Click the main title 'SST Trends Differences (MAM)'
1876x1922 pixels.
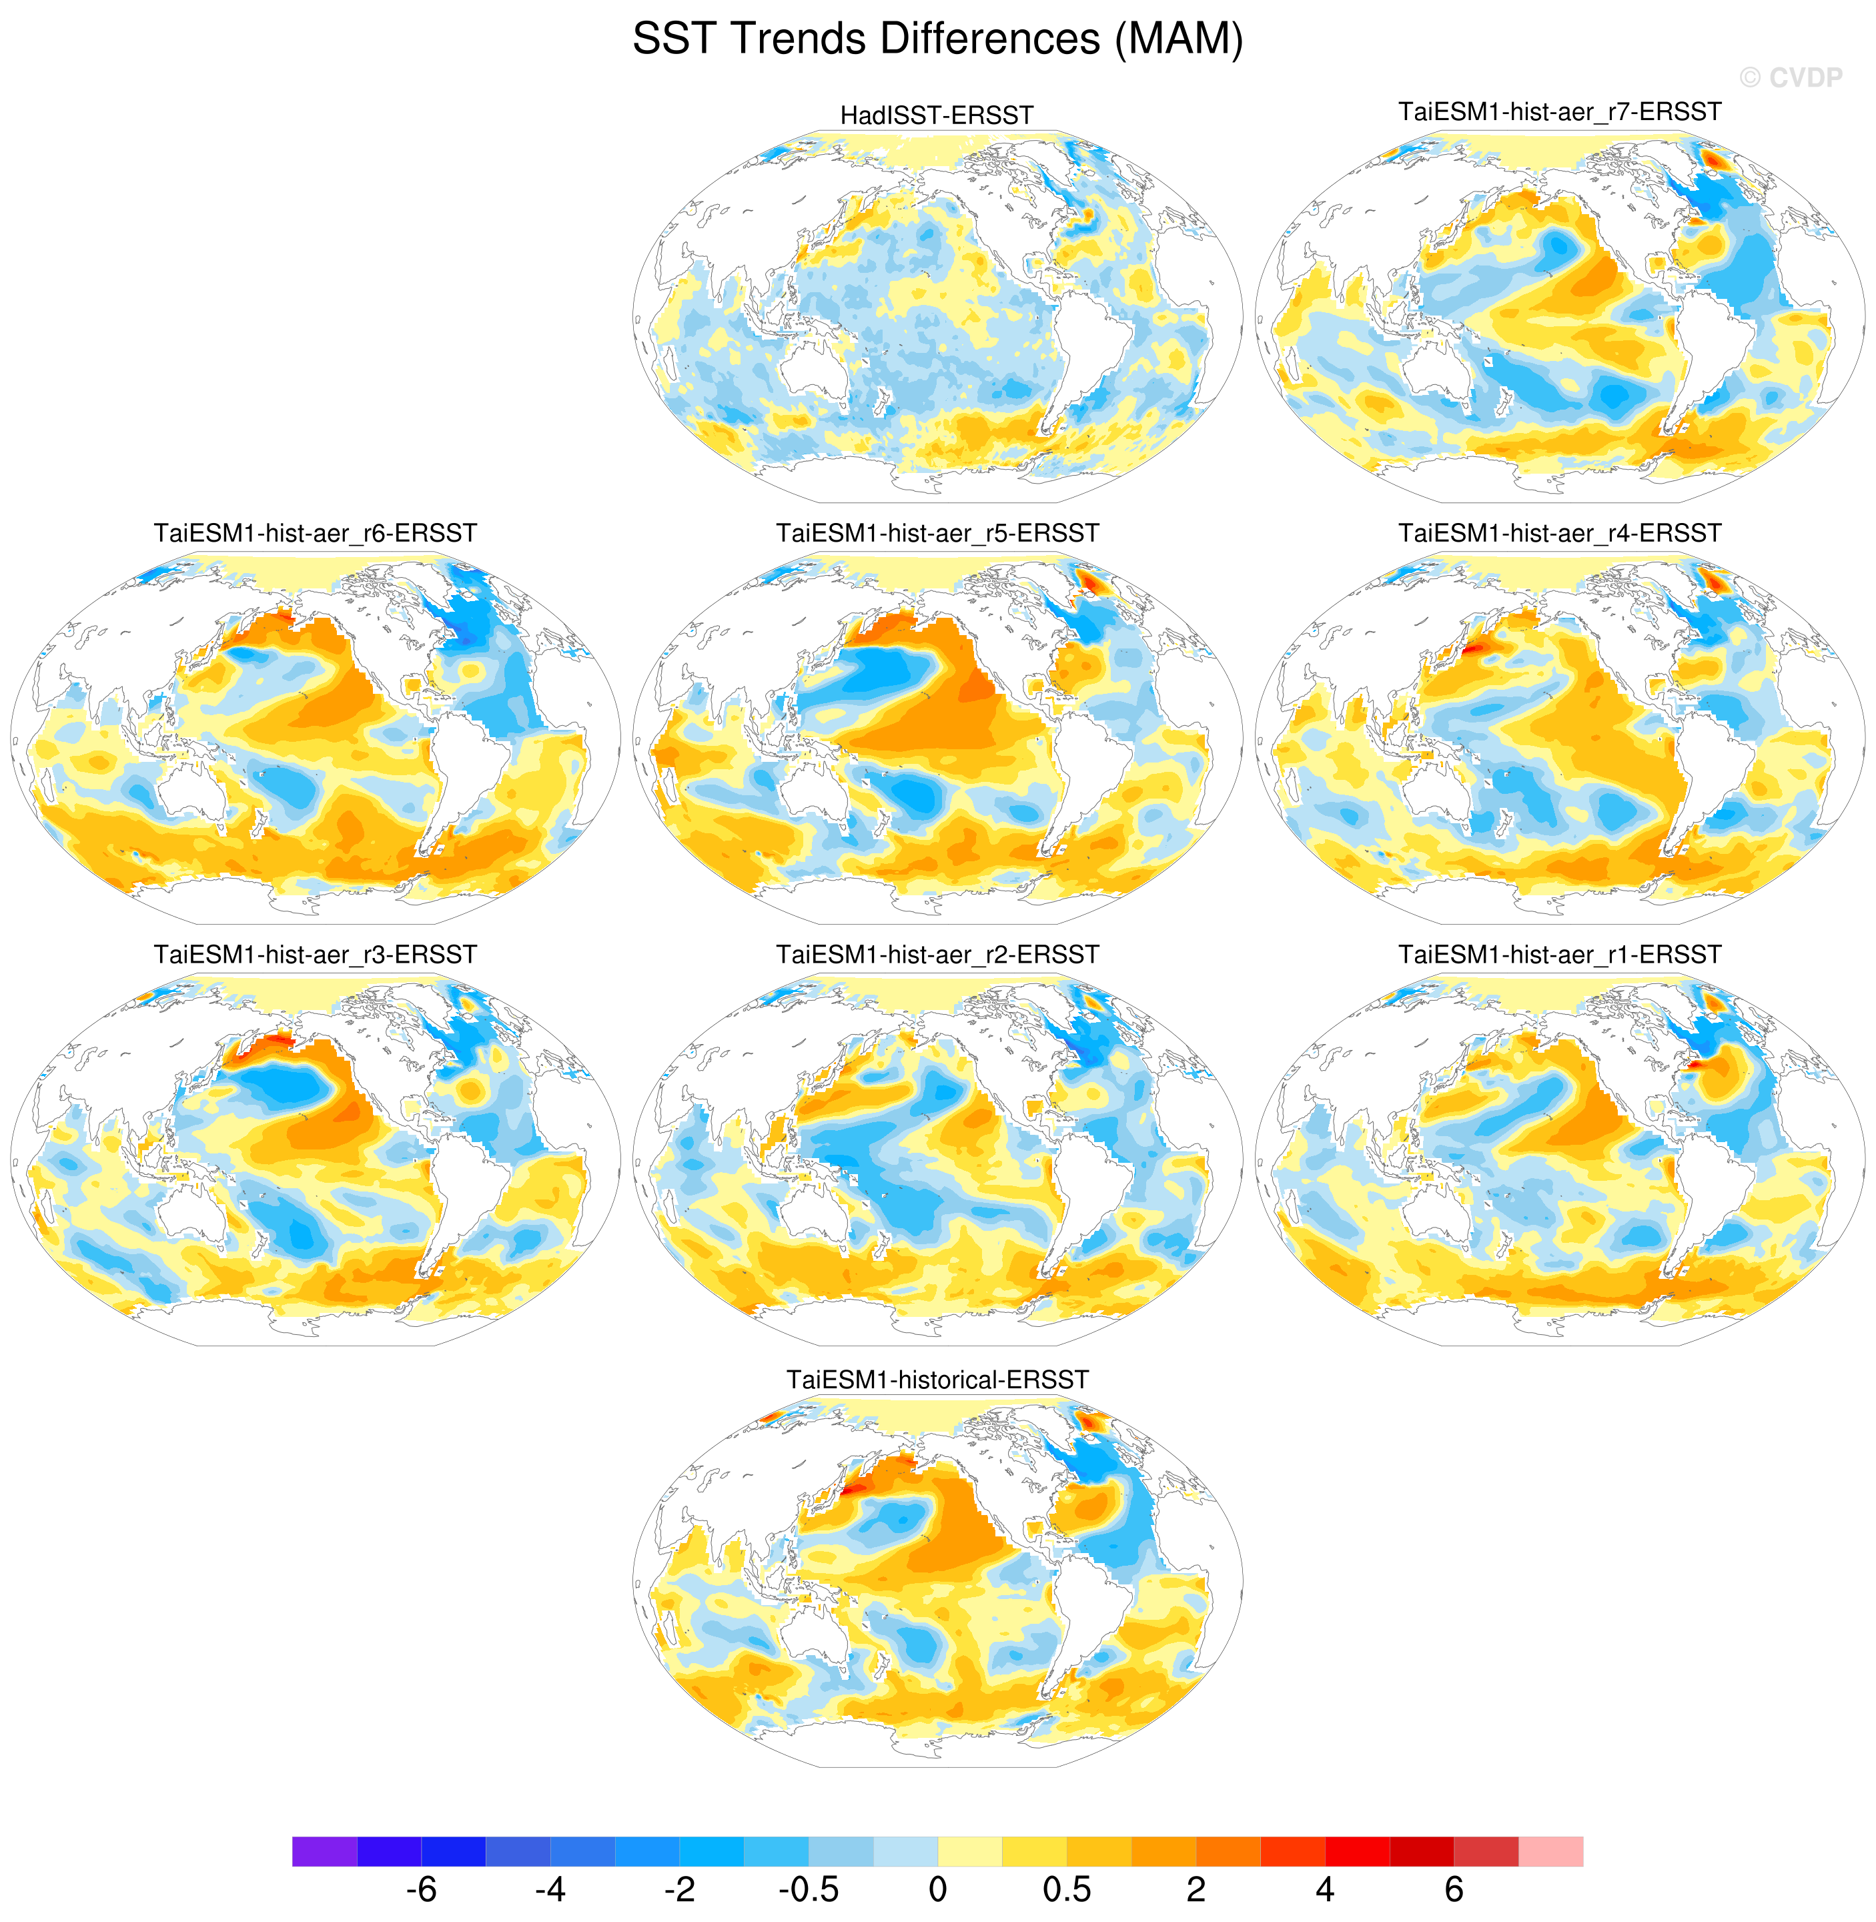coord(937,39)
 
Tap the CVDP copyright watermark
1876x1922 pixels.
coord(1791,78)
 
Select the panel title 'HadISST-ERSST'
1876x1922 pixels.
coord(937,115)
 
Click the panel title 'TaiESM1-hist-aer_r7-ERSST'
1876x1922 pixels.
coord(1560,111)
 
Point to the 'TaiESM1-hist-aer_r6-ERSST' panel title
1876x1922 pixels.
coord(316,533)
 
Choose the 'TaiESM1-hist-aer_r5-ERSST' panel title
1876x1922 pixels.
coord(937,533)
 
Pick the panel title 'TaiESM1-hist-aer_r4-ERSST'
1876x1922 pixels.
coord(1560,533)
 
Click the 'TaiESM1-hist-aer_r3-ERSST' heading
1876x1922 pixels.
coord(316,955)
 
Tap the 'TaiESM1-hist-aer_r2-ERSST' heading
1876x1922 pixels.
coord(937,955)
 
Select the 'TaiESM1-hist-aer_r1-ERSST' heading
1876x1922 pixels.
coord(1560,955)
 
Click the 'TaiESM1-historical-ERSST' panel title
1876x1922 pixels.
coord(937,1379)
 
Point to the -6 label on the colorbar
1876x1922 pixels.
coord(421,1889)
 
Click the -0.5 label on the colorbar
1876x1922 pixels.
coord(808,1889)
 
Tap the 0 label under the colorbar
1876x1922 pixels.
coord(937,1889)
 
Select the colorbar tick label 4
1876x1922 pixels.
coord(1324,1889)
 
